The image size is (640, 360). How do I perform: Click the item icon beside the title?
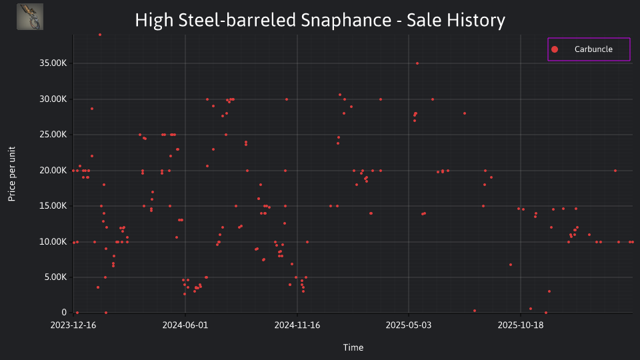tap(30, 17)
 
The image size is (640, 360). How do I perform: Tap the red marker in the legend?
tap(554, 49)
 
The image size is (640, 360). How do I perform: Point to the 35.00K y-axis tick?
tap(53, 63)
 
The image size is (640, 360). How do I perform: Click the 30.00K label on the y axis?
tap(53, 99)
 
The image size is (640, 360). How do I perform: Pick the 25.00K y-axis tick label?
tap(53, 135)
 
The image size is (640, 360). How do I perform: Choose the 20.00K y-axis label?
tap(53, 171)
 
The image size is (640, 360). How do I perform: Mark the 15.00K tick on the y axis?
tap(53, 206)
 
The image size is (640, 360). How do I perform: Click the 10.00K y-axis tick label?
tap(53, 242)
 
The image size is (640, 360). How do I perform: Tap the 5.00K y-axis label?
tap(55, 277)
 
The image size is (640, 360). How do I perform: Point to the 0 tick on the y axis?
tap(64, 313)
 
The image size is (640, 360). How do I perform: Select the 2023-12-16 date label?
tap(73, 325)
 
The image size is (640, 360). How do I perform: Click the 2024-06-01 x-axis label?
tap(185, 325)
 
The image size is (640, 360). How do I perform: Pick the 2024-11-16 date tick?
tap(297, 325)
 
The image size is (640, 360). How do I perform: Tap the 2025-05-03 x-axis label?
tap(409, 325)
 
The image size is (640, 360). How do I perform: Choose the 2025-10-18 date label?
tap(521, 325)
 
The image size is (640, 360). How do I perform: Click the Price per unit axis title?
tap(12, 174)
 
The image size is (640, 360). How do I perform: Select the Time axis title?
tap(353, 347)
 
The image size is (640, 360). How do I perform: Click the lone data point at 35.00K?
tap(417, 63)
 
